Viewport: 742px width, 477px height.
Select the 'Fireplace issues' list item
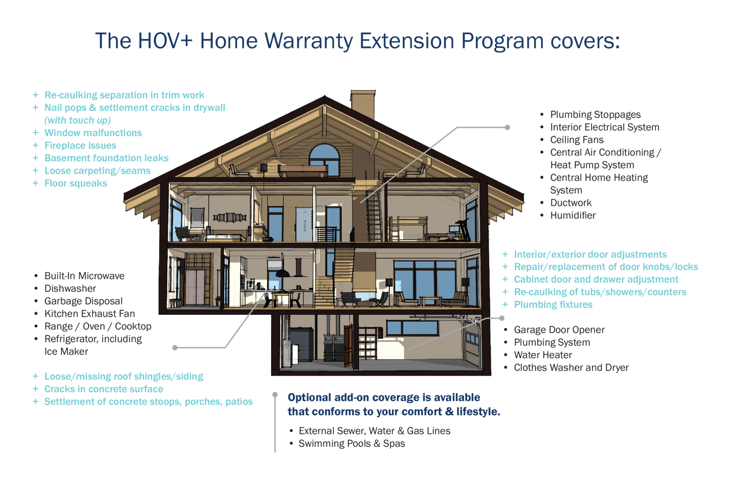coord(80,145)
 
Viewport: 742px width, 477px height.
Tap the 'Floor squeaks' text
coord(76,183)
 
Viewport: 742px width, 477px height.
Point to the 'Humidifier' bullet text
coord(573,215)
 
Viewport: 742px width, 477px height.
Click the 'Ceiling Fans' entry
coord(577,140)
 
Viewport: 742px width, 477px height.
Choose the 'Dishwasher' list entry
coord(70,288)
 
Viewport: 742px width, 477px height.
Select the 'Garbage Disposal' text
coord(84,301)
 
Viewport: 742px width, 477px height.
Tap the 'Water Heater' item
coord(543,355)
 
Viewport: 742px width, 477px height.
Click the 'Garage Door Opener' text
coord(559,330)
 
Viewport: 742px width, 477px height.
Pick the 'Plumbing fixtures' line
coord(553,304)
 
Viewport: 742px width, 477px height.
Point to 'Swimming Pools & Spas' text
coord(352,443)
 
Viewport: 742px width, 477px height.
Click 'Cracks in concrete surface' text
coord(104,389)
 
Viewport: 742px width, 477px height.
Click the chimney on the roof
coord(363,104)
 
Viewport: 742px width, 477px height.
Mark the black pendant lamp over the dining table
coord(282,273)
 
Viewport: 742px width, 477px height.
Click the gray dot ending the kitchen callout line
coord(175,347)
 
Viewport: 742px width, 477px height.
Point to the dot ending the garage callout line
coord(502,318)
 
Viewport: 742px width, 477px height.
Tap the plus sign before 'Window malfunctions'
coord(36,133)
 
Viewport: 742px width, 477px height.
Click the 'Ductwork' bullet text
coord(571,203)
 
